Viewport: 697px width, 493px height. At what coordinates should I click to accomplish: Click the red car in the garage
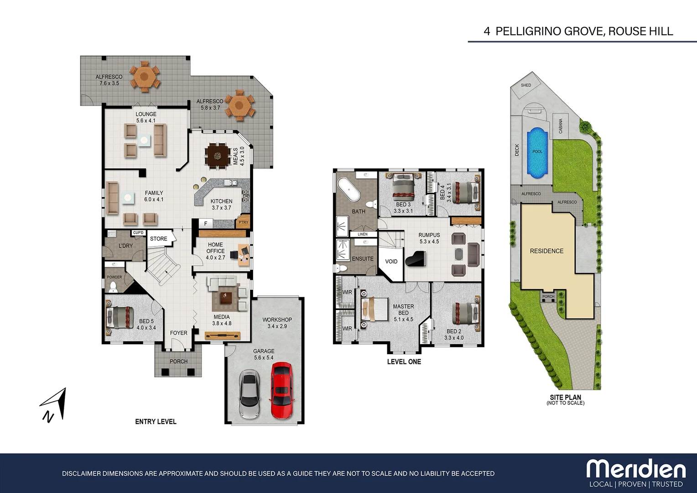(281, 390)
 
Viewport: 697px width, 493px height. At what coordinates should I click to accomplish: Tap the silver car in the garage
(250, 394)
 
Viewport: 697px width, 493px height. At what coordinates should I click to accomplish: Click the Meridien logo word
(636, 469)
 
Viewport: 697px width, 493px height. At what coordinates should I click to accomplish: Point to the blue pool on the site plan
(537, 152)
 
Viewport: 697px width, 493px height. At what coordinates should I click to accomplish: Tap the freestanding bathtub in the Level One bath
(348, 189)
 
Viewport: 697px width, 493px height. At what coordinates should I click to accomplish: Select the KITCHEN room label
(221, 201)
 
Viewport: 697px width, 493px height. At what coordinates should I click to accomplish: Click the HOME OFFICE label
(215, 248)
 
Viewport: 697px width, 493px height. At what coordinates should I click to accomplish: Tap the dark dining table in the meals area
(217, 156)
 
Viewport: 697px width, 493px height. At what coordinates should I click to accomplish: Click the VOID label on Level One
(391, 262)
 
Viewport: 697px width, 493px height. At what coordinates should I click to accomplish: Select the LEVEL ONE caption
(404, 362)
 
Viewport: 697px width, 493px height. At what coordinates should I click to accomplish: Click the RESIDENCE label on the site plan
(546, 251)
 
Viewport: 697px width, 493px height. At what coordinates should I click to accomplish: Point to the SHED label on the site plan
(526, 85)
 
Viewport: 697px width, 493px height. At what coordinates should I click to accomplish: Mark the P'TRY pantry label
(244, 222)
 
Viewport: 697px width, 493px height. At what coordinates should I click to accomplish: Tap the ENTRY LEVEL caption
(156, 421)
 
